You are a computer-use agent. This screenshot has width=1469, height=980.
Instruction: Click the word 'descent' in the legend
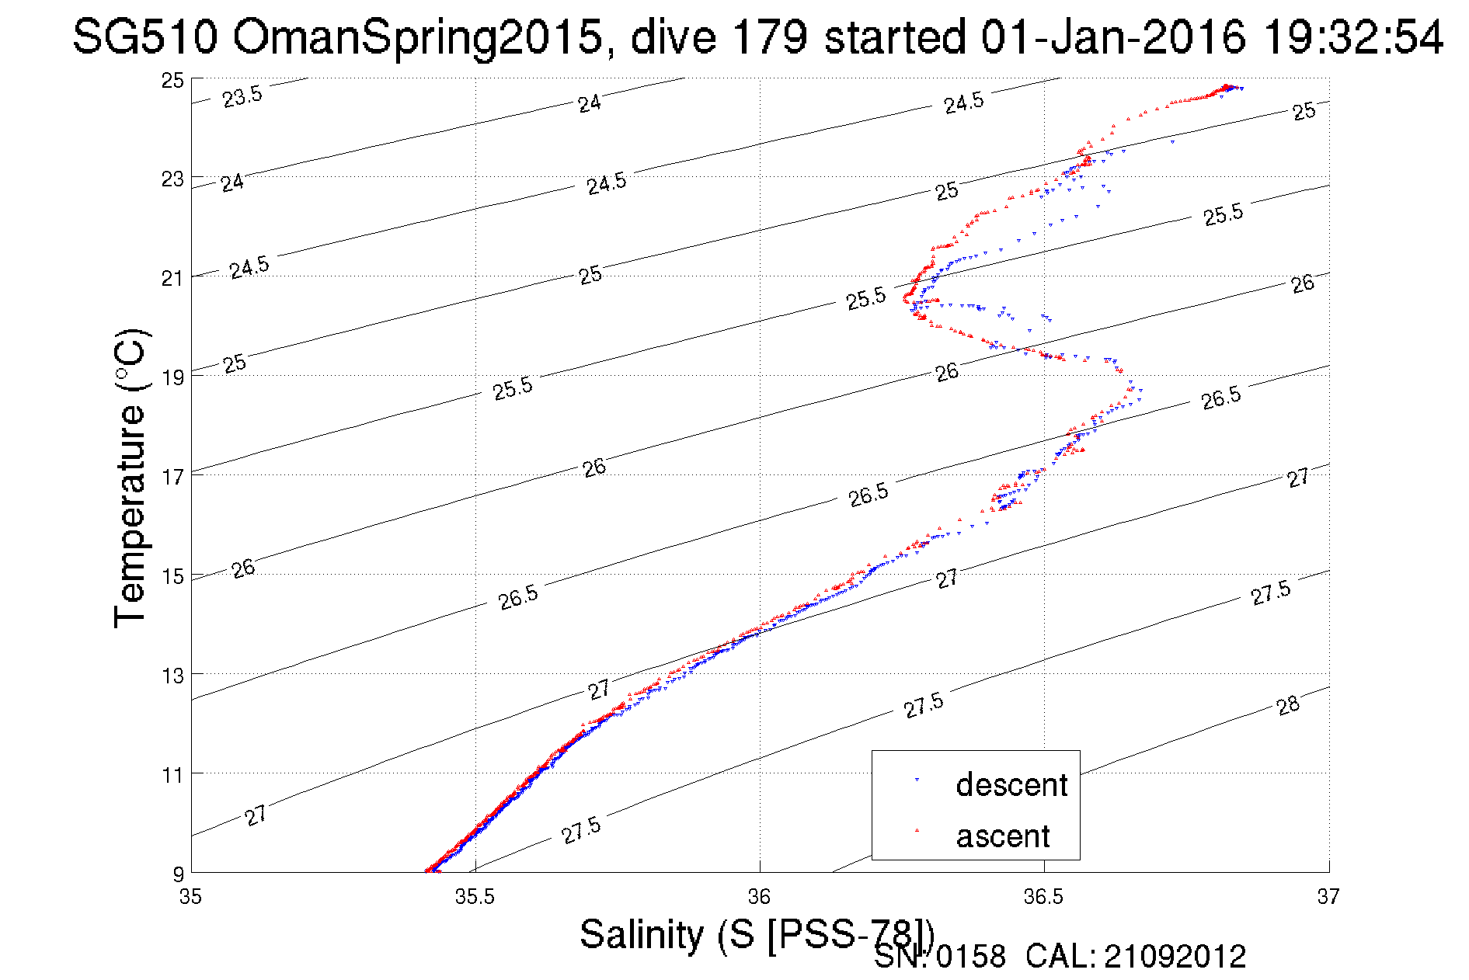(x=1011, y=785)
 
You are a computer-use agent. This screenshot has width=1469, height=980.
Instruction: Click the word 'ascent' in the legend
(x=1002, y=836)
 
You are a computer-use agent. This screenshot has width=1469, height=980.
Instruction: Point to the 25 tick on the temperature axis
(x=172, y=80)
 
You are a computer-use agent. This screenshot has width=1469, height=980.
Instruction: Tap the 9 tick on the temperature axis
(x=178, y=874)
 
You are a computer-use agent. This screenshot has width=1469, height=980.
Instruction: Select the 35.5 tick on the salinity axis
(x=475, y=897)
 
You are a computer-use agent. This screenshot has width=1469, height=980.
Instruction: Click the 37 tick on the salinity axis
(x=1328, y=897)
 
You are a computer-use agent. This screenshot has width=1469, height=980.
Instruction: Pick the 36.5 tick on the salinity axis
(x=1043, y=897)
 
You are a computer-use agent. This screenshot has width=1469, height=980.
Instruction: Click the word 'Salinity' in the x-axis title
(x=642, y=933)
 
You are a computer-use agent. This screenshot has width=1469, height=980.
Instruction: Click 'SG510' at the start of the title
(x=144, y=36)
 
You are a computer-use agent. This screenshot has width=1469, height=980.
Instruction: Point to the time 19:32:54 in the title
(x=1352, y=36)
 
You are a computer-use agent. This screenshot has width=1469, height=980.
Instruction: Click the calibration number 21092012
(x=1175, y=957)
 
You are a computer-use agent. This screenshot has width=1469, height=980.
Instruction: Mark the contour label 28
(x=1288, y=705)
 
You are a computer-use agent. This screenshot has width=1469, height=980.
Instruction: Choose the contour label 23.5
(x=242, y=97)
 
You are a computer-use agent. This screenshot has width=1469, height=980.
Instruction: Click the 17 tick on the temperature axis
(x=172, y=476)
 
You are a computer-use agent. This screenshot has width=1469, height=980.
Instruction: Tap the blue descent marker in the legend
(x=917, y=780)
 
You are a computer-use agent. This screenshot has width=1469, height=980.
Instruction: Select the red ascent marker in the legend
(x=917, y=831)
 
